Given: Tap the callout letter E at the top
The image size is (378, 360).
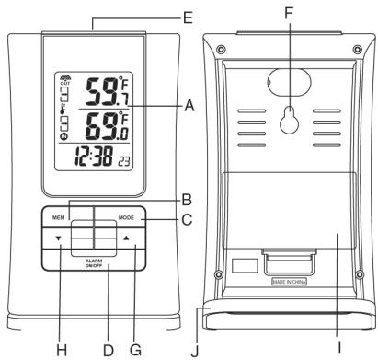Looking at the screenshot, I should pyautogui.click(x=188, y=17).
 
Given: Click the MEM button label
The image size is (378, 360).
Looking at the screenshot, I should pyautogui.click(x=58, y=218).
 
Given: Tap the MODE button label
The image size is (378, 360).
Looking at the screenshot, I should pyautogui.click(x=127, y=218).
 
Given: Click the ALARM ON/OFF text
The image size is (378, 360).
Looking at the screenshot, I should pyautogui.click(x=93, y=263).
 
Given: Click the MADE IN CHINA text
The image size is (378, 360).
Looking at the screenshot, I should pyautogui.click(x=292, y=276).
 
